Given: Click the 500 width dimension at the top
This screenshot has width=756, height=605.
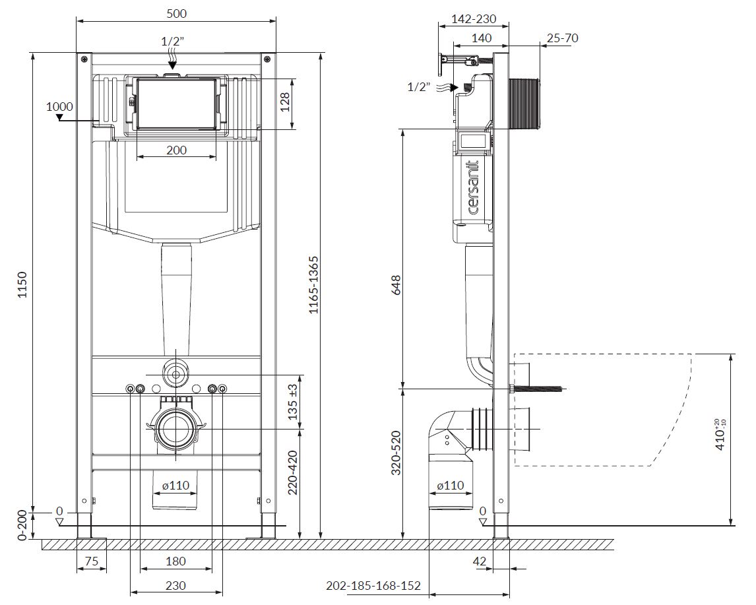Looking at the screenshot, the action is [x=176, y=13].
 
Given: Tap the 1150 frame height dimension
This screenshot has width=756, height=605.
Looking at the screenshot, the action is [x=22, y=285].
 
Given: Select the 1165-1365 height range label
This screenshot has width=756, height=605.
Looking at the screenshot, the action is [x=314, y=285].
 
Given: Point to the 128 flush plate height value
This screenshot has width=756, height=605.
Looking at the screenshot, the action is [x=285, y=102].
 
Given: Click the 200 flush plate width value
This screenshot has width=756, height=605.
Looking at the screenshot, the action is [x=176, y=150].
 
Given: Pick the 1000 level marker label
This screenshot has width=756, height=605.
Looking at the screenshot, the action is [x=60, y=106].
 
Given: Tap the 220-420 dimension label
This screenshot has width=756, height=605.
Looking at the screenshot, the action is [x=293, y=473].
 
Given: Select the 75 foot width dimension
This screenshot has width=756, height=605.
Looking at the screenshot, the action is [x=91, y=561].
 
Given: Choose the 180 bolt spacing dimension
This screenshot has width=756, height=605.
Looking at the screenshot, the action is [x=175, y=561].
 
